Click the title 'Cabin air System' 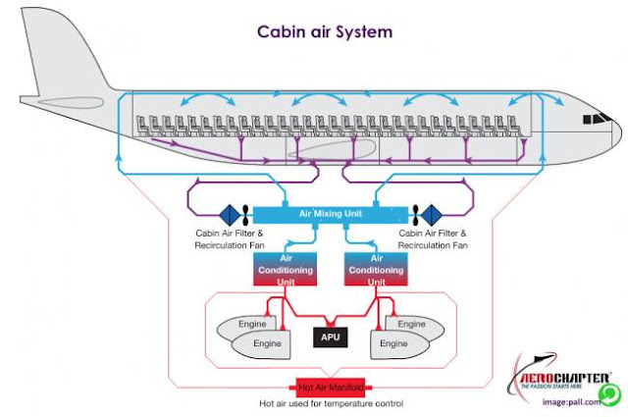[325, 31]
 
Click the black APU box [328, 337]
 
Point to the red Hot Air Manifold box [328, 388]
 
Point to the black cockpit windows [595, 119]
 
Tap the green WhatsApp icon [609, 394]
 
